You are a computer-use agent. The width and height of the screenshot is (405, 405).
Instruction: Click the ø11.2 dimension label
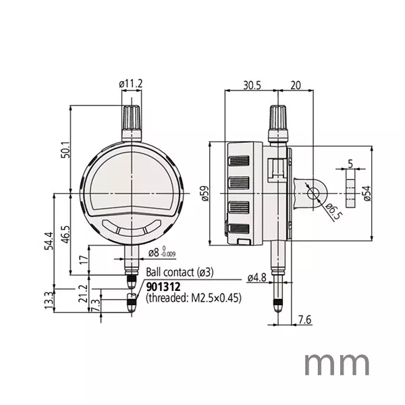[x=131, y=84]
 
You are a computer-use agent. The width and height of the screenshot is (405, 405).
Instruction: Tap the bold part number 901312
[x=162, y=287]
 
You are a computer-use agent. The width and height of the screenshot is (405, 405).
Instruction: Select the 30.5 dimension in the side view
[x=252, y=85]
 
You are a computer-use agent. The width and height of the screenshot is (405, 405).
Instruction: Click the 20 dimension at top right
[x=295, y=85]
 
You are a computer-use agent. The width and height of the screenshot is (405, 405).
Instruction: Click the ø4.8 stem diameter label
[x=258, y=277]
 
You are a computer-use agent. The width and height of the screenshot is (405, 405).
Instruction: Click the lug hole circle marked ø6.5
[x=314, y=193]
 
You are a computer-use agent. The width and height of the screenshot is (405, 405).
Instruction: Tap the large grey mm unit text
[x=336, y=364]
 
